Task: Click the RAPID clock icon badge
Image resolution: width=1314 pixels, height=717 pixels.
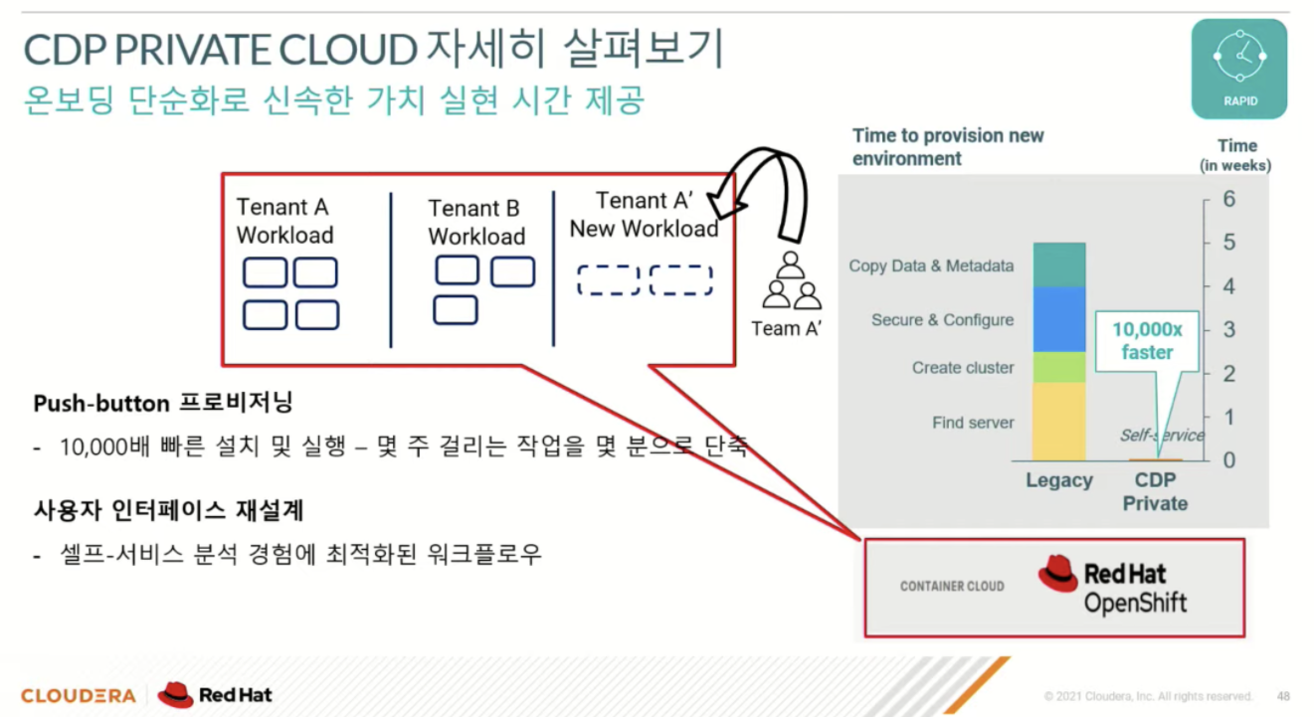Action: point(1238,68)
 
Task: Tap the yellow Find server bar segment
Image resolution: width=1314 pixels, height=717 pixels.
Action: point(1058,422)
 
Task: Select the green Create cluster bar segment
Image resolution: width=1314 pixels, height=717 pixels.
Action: point(1058,367)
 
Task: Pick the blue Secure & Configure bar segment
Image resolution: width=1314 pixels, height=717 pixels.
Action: point(1058,319)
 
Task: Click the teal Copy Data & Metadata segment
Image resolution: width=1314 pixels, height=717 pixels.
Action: point(1058,266)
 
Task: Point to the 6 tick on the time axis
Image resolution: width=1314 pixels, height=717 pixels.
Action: point(1228,199)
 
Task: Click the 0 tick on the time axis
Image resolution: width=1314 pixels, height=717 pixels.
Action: point(1228,460)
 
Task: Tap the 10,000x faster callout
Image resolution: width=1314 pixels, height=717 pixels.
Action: point(1148,340)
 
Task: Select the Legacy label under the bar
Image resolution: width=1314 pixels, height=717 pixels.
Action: point(1058,481)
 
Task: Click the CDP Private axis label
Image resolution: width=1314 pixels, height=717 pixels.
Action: point(1155,491)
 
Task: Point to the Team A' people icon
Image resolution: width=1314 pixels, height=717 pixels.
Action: point(792,282)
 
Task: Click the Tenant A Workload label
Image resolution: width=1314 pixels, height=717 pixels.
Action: point(284,221)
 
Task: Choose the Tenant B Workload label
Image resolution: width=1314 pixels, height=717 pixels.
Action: point(475,222)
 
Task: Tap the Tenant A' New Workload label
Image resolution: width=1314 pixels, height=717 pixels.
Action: point(644,215)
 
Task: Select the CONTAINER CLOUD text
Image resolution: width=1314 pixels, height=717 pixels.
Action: point(952,587)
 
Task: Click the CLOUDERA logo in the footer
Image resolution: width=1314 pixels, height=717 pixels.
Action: point(78,695)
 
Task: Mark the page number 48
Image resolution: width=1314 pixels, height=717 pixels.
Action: point(1283,696)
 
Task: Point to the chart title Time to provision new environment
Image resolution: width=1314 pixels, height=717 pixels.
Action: point(947,147)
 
